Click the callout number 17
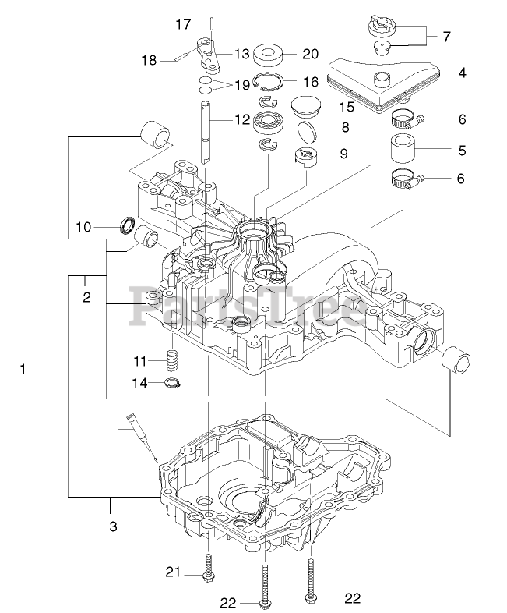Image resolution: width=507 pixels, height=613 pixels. pos(183,24)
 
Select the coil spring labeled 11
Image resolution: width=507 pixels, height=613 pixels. pos(171,360)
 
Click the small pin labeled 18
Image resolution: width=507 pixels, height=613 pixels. pos(180,58)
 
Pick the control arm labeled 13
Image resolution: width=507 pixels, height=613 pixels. pos(208,55)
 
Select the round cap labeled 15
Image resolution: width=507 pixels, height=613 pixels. pos(306,105)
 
